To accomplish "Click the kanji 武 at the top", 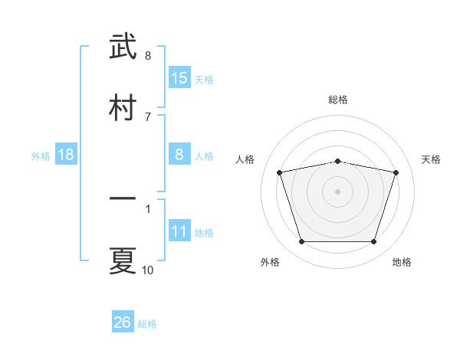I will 123,46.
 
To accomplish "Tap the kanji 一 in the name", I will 123,199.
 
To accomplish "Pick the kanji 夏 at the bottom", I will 123,260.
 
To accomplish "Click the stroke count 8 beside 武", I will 148,55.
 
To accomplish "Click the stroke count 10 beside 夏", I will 148,270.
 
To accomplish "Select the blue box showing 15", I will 179,77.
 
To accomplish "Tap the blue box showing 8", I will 179,154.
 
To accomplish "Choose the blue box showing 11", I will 179,231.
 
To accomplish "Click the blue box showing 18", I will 66,155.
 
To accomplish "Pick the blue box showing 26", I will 123,322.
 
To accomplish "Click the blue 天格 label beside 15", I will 204,79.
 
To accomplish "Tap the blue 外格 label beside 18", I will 41,155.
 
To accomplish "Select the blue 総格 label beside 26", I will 147,324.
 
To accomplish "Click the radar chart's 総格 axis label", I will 338,100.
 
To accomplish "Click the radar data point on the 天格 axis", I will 396,173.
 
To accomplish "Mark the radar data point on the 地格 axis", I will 373,242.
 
